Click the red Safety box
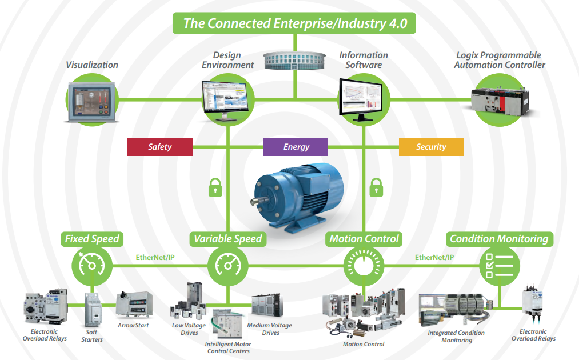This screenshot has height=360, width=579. pyautogui.click(x=159, y=147)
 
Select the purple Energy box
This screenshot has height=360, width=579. pyautogui.click(x=296, y=147)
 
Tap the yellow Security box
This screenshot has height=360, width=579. pyautogui.click(x=431, y=147)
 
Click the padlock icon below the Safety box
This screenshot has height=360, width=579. pyautogui.click(x=215, y=186)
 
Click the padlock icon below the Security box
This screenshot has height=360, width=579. pyautogui.click(x=376, y=186)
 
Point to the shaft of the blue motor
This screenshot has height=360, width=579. pyautogui.click(x=255, y=201)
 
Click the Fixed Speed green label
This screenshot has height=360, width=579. pyautogui.click(x=92, y=239)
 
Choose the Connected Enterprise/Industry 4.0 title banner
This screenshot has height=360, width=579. pyautogui.click(x=294, y=23)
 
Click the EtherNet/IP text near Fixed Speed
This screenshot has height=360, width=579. pyautogui.click(x=154, y=257)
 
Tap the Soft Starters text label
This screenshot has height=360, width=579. pyautogui.click(x=91, y=336)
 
